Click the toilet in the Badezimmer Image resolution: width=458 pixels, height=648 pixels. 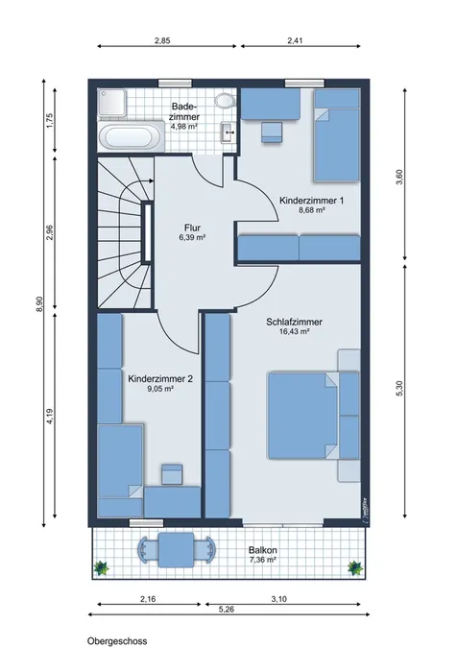[x=225, y=100]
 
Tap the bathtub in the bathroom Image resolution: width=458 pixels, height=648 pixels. [x=129, y=136]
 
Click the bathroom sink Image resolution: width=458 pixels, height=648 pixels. [x=227, y=132]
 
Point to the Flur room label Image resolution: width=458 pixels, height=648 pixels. [x=193, y=228]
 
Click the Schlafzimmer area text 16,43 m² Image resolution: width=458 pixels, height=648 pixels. [x=295, y=331]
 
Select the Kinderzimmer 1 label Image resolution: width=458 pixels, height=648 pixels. [x=312, y=201]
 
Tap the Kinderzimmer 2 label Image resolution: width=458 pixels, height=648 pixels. [x=160, y=378]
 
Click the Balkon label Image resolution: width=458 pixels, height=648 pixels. [x=262, y=550]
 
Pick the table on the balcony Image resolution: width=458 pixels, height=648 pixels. [x=176, y=549]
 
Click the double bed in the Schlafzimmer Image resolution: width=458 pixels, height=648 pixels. [x=303, y=416]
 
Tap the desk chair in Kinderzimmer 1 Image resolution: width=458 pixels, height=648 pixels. [x=273, y=132]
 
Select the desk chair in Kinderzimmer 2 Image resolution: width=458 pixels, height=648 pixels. [x=172, y=474]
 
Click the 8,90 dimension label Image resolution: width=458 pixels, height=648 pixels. [x=39, y=304]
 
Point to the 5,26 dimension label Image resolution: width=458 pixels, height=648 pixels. [x=226, y=610]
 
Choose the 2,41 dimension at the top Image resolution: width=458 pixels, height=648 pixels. [x=295, y=40]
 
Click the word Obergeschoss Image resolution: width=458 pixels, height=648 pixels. [x=117, y=641]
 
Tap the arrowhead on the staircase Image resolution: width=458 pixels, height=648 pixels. [x=152, y=180]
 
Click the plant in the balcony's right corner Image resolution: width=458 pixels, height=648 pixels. [x=355, y=567]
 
